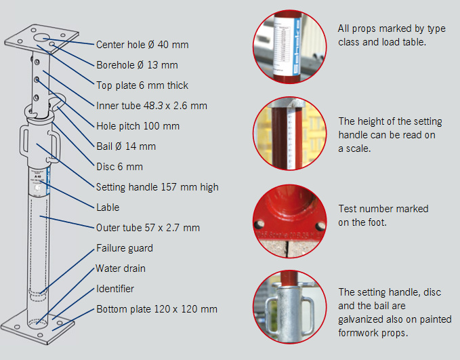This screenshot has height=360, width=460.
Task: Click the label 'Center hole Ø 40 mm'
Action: pyautogui.click(x=142, y=45)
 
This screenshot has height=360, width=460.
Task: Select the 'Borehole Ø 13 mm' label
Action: pyautogui.click(x=137, y=65)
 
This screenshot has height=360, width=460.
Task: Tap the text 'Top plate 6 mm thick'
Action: pyautogui.click(x=142, y=85)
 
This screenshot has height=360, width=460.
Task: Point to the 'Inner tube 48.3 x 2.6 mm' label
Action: pyautogui.click(x=152, y=105)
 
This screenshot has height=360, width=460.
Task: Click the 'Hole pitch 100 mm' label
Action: pyautogui.click(x=138, y=126)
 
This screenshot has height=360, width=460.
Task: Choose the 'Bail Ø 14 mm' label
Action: pyautogui.click(x=126, y=146)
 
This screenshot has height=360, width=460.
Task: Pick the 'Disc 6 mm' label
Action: pyautogui.click(x=120, y=167)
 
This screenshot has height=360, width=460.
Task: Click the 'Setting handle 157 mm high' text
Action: pyautogui.click(x=157, y=187)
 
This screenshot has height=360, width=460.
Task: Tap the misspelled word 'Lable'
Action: pyautogui.click(x=108, y=207)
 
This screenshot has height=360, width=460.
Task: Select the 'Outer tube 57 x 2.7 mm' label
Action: pyautogui.click(x=148, y=228)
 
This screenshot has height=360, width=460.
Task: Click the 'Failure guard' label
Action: pyautogui.click(x=125, y=248)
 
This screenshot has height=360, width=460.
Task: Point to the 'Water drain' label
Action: pyautogui.click(x=121, y=268)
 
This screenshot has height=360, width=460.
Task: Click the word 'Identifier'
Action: pyautogui.click(x=115, y=289)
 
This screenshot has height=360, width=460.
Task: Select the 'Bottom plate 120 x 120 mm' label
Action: pyautogui.click(x=156, y=309)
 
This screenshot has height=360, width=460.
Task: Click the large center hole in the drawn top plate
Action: pyautogui.click(x=41, y=37)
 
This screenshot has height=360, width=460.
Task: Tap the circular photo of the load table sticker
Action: pyautogui.click(x=289, y=47)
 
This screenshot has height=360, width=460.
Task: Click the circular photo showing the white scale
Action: pyautogui.click(x=289, y=134)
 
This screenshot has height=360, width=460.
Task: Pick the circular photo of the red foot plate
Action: pyautogui.click(x=289, y=221)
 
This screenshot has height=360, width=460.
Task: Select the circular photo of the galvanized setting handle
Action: pyautogui.click(x=289, y=307)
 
